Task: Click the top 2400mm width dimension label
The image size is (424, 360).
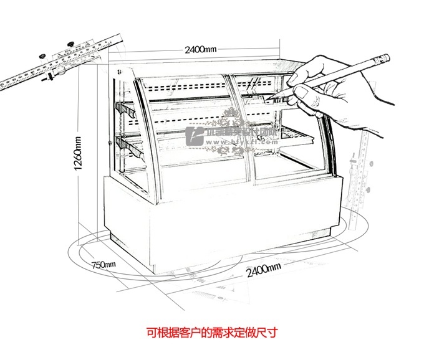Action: click(x=200, y=50)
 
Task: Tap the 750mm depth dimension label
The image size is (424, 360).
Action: click(x=104, y=265)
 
